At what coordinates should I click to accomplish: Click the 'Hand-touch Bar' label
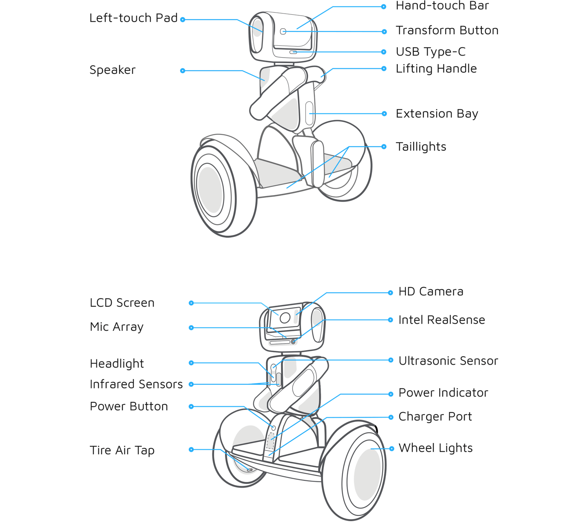[x=442, y=6]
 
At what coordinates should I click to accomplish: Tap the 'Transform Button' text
[x=447, y=31]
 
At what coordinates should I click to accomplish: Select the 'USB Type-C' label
[x=430, y=52]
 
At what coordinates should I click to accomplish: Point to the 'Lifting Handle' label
[x=436, y=69]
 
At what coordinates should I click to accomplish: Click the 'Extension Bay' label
[x=437, y=114]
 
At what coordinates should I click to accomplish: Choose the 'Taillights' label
[x=421, y=147]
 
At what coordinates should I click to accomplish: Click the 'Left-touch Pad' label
[x=134, y=18]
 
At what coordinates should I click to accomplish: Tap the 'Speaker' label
[x=113, y=70]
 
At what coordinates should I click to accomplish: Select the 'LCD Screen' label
[x=122, y=303]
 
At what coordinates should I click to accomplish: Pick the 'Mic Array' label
[x=117, y=327]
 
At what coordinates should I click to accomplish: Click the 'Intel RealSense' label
[x=442, y=320]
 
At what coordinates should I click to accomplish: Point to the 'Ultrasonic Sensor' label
[x=448, y=361]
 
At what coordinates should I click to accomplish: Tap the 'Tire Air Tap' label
[x=122, y=450]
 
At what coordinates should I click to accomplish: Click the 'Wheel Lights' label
[x=435, y=448]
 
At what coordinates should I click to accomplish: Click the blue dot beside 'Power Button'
[x=191, y=406]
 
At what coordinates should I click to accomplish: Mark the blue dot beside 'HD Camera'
[x=390, y=292]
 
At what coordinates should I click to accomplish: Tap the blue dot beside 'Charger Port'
[x=391, y=417]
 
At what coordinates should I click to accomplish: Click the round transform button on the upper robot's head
[x=283, y=31]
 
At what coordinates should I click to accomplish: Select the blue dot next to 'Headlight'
[x=191, y=363]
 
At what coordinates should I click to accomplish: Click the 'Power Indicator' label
[x=443, y=393]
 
